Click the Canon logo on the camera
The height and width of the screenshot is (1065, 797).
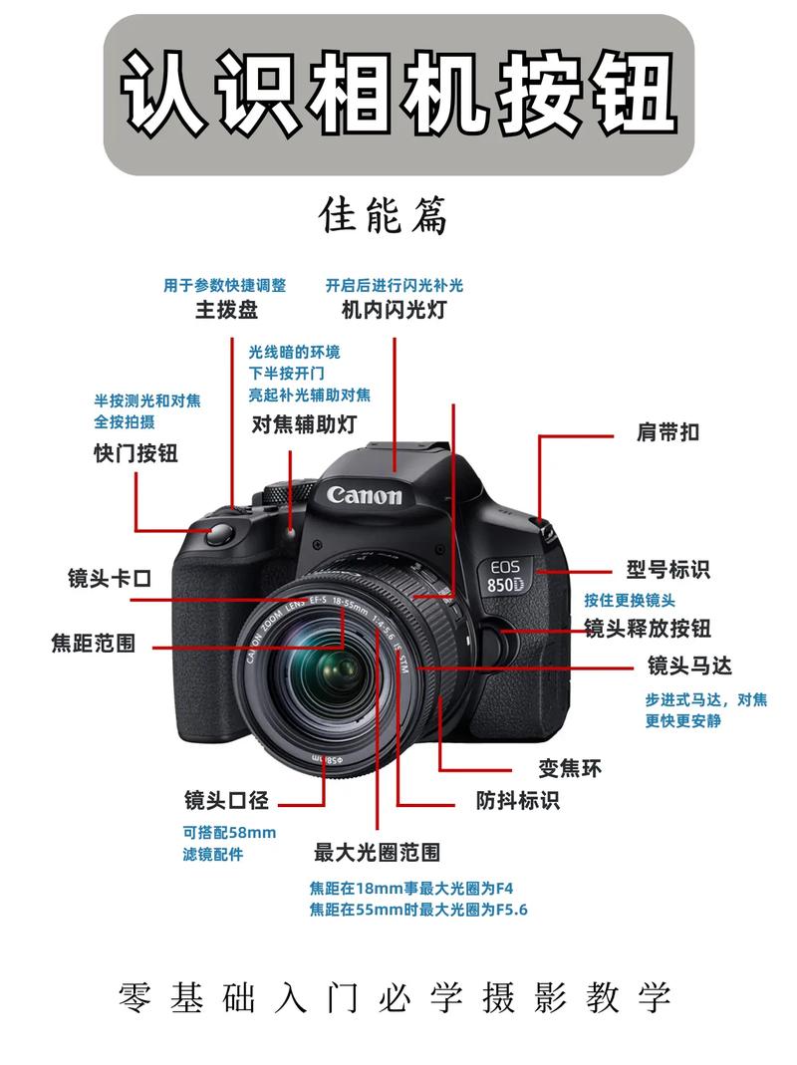point(365,494)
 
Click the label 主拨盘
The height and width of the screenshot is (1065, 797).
point(226,310)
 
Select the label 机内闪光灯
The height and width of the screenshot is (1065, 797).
point(394,310)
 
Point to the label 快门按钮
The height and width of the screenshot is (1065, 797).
point(135,453)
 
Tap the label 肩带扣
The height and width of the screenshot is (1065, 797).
point(667,432)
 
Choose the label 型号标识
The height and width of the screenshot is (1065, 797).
point(667,570)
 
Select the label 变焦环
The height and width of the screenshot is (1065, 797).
point(570,768)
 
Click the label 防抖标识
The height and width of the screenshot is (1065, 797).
point(517,799)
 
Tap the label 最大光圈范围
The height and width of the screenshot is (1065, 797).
point(377,853)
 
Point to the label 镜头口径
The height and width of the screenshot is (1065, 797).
point(226,799)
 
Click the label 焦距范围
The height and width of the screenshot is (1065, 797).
point(93,643)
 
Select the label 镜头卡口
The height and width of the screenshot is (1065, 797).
point(110,578)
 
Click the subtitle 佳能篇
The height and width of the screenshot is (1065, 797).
point(384,215)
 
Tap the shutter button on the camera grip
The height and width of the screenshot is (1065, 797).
point(221,535)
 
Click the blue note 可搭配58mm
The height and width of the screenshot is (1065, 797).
point(229,832)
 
